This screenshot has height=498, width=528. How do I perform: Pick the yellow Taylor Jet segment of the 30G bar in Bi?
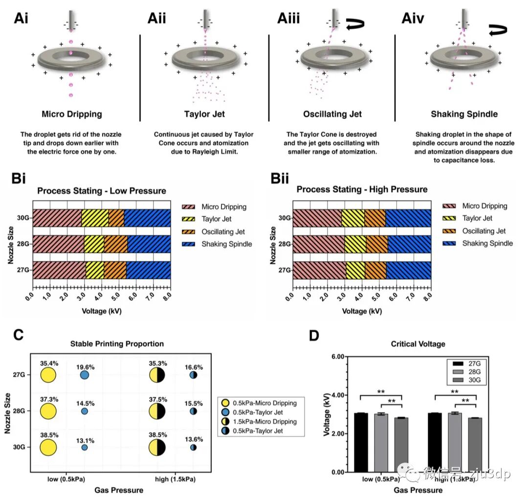coord(95,218)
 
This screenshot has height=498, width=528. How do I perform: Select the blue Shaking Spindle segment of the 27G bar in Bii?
coord(408,270)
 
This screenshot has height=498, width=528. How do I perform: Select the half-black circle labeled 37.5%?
coord(157,411)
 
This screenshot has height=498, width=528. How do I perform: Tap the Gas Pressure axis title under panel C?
coord(119,490)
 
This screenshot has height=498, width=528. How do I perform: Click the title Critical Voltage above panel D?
coord(418,344)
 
